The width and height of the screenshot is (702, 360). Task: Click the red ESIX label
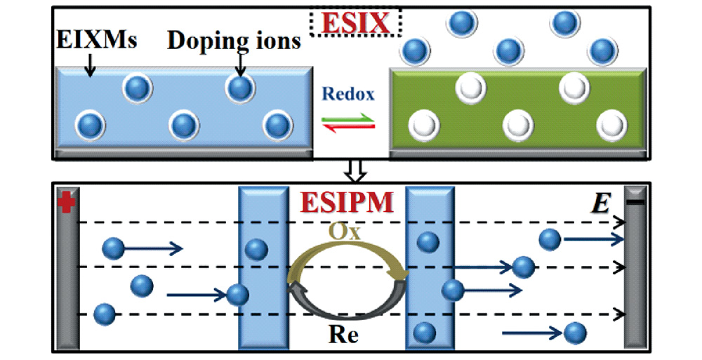tap(355, 23)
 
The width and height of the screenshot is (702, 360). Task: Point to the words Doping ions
tap(234, 41)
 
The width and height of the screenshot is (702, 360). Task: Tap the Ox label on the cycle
tap(345, 232)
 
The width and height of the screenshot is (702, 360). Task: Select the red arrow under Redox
tap(349, 126)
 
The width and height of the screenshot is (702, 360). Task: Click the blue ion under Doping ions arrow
tap(239, 88)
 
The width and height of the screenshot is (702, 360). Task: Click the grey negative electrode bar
tap(637, 274)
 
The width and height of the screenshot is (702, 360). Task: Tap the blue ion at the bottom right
tap(575, 332)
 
